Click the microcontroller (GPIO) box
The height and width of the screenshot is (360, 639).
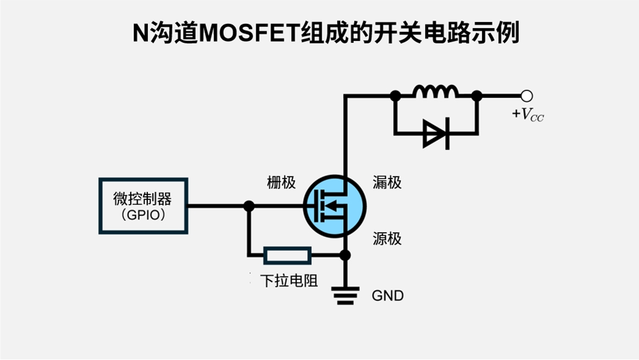click(x=143, y=206)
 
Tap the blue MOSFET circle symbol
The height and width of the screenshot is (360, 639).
click(x=334, y=206)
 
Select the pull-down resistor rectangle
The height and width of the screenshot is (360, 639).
click(x=287, y=255)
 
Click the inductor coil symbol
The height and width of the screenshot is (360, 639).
click(x=436, y=92)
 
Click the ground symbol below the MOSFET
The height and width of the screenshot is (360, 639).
click(x=345, y=296)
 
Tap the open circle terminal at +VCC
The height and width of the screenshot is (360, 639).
click(x=526, y=95)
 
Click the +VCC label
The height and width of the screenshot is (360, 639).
click(x=527, y=115)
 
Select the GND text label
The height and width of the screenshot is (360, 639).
click(x=388, y=296)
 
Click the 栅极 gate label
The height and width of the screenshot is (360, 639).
click(x=281, y=182)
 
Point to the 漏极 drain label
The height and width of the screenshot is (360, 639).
click(x=387, y=182)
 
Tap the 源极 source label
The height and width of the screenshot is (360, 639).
click(x=387, y=238)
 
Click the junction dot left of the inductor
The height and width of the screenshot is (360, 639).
click(x=396, y=95)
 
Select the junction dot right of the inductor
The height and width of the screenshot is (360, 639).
click(x=477, y=95)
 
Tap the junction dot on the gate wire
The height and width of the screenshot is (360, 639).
click(x=249, y=206)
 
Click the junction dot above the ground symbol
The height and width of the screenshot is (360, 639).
click(x=345, y=255)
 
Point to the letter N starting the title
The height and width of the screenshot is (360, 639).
click(x=141, y=32)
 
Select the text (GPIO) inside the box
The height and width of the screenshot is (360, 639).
click(x=143, y=215)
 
